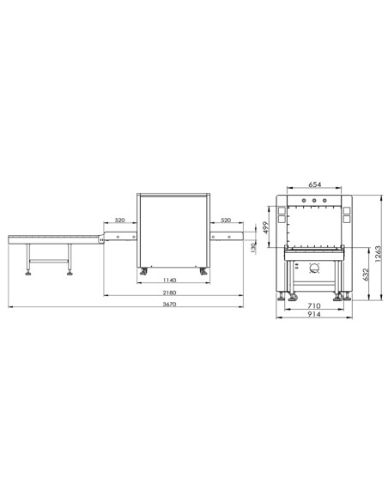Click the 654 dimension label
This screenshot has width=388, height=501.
(x=314, y=184)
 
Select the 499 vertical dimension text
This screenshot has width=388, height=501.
(x=265, y=227)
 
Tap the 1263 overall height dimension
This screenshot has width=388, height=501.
(x=378, y=254)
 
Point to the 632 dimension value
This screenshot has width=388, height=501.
(x=366, y=275)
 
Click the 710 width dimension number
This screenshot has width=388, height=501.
(x=314, y=305)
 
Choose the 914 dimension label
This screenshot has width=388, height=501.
(x=314, y=314)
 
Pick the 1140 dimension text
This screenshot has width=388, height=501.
(x=169, y=281)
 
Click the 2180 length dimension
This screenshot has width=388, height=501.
(x=169, y=293)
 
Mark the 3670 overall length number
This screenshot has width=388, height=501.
(x=169, y=305)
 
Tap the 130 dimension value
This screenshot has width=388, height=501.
(x=253, y=248)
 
